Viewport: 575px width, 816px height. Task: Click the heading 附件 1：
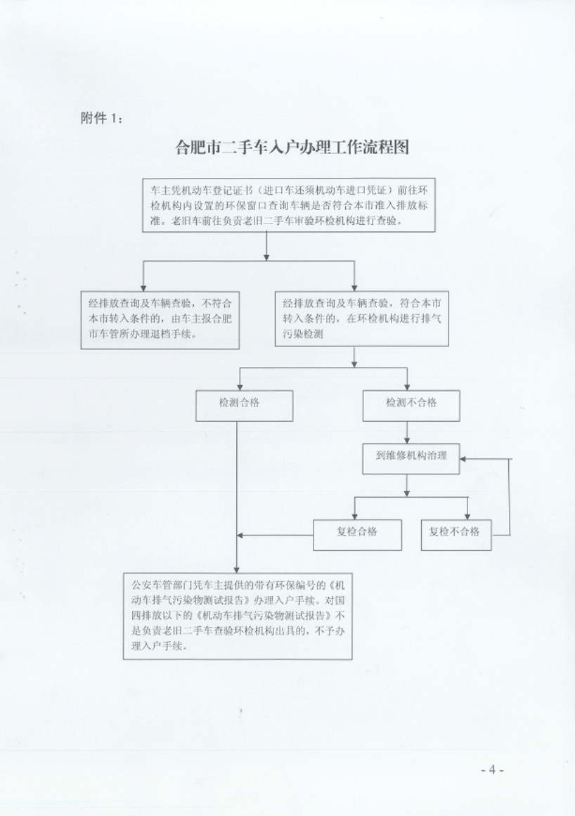102,119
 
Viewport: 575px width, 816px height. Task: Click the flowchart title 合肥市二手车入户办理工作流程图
292,147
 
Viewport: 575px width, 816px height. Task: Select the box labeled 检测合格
244,406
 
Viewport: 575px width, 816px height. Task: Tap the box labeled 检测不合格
411,406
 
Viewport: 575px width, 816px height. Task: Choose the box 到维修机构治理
411,458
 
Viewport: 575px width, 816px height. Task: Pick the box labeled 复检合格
358,534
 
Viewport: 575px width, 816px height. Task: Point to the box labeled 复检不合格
456,534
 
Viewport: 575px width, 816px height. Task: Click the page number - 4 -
492,770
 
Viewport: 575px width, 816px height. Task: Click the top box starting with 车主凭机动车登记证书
289,205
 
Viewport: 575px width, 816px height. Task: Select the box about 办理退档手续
160,320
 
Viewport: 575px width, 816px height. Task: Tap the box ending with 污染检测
361,318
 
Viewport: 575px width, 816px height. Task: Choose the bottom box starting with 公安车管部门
238,616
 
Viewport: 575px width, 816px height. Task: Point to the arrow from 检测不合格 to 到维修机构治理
407,432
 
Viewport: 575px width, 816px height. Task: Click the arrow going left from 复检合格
276,535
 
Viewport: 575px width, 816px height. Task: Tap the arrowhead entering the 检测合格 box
240,387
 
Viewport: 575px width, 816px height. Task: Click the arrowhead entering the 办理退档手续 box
143,287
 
